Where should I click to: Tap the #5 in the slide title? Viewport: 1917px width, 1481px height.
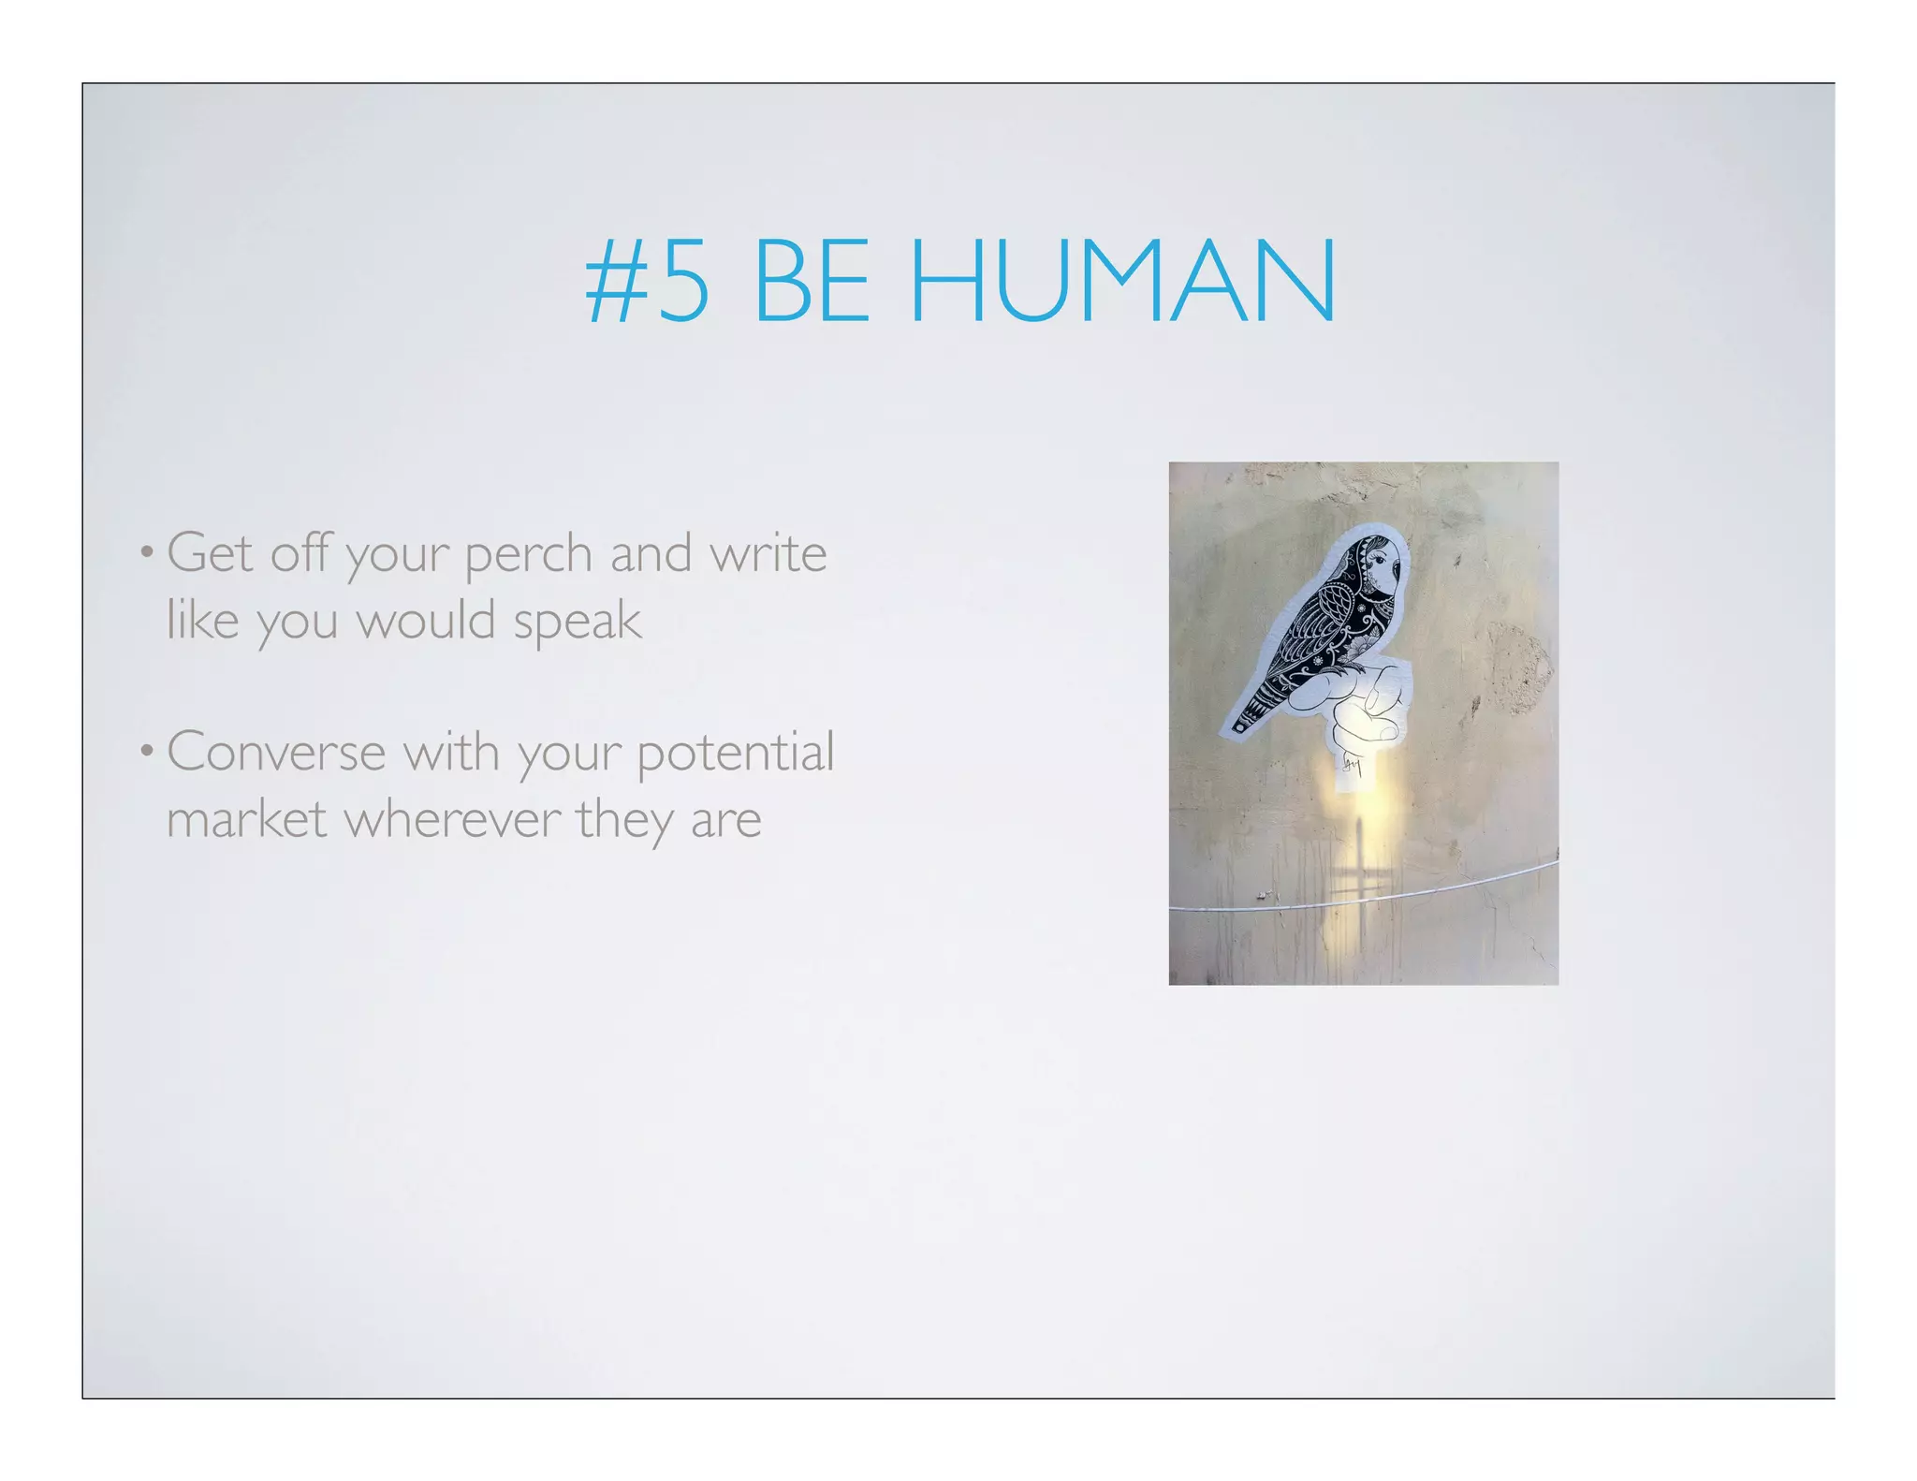(x=647, y=281)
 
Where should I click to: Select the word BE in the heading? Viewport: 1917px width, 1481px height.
(x=811, y=281)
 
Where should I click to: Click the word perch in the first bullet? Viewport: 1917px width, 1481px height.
(x=529, y=554)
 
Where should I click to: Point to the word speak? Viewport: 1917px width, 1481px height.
(x=578, y=622)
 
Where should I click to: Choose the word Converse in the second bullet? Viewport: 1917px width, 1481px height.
(x=276, y=752)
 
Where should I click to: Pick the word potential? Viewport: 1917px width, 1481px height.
(x=735, y=754)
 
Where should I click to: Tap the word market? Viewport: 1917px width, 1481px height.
(x=247, y=819)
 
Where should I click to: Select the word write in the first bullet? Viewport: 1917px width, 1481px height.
(x=768, y=553)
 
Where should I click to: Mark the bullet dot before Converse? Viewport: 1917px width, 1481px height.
(x=147, y=751)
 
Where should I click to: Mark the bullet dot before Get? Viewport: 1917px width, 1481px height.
(x=147, y=551)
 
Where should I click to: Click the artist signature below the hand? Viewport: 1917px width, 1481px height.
(x=1350, y=766)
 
